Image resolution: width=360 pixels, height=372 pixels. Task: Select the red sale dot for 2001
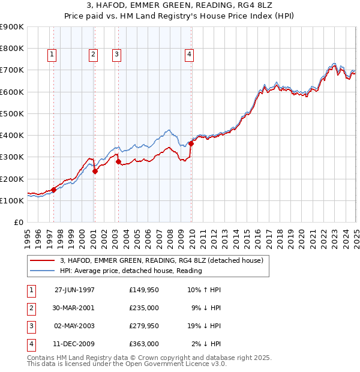pos(95,171)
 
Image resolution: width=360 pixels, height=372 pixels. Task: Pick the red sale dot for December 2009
pos(191,143)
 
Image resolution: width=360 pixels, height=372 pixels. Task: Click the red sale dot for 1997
pos(54,190)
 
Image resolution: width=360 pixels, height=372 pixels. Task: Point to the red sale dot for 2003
pos(118,161)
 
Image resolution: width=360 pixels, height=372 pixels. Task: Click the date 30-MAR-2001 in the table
pos(74,308)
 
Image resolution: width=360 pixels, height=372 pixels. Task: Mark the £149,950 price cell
pos(143,290)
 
